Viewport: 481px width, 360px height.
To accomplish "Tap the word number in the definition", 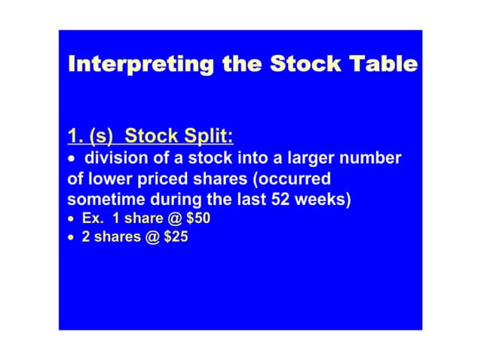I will pos(373,160).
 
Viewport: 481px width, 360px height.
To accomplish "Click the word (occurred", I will pos(293,181).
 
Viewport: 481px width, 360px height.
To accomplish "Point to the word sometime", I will pos(103,201).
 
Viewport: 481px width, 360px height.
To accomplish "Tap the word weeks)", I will pos(317,201).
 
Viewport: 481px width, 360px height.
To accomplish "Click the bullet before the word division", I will pos(72,161).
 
